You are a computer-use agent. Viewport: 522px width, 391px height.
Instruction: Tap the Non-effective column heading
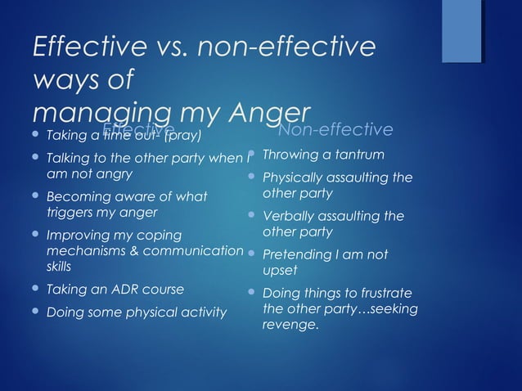pos(335,130)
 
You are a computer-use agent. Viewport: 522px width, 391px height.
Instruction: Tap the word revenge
pos(290,325)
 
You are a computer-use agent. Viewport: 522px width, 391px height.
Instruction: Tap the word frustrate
pos(385,294)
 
